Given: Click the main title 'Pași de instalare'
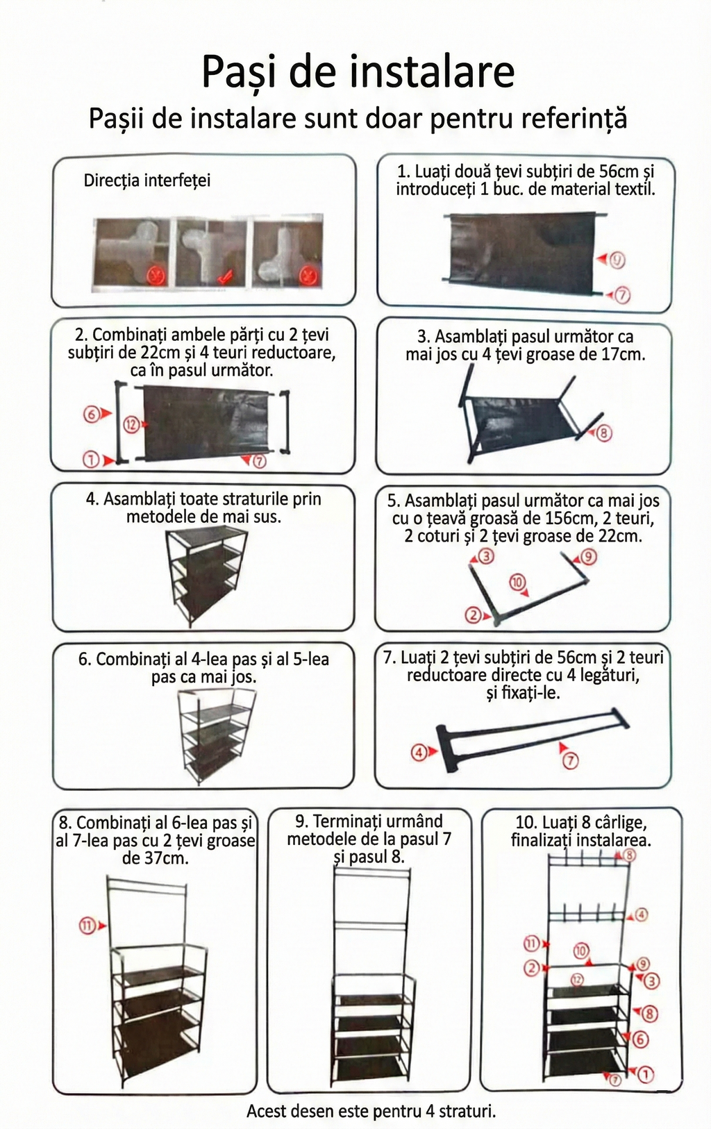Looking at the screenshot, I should point(358,72).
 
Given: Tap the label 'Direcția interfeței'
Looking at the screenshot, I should point(147,181).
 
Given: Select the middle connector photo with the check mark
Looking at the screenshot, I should point(210,253).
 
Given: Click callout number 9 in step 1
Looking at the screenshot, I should point(617,260).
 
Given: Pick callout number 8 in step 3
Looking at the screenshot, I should point(603,434).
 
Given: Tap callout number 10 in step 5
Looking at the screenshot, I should point(517,583).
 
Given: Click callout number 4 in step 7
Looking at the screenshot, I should point(419,751).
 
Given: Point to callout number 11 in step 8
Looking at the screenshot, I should point(87,926).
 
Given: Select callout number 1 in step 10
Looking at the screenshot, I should point(645,1074).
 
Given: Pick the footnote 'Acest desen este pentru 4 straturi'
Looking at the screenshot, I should point(371,1111).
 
